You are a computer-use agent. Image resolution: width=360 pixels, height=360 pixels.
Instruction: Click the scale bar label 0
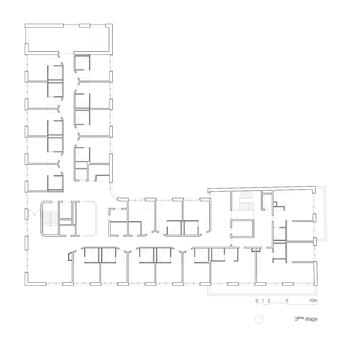click(x=257, y=300)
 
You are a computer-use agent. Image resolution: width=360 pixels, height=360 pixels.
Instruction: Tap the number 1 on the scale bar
click(x=263, y=300)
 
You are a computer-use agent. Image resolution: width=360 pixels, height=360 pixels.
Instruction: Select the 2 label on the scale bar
click(x=269, y=300)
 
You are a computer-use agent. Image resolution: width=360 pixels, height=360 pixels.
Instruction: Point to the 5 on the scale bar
click(x=287, y=300)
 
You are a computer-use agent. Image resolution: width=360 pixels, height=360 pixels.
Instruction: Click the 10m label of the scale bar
click(x=313, y=300)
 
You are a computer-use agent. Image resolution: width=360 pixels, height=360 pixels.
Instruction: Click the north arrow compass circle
click(x=259, y=319)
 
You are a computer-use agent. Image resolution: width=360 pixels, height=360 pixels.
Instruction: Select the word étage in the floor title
click(x=311, y=319)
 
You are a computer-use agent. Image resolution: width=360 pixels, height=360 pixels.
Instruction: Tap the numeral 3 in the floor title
click(x=296, y=319)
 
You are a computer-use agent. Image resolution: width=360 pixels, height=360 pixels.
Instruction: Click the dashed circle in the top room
click(x=97, y=39)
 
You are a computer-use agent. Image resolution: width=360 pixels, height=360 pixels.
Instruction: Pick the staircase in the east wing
click(x=246, y=200)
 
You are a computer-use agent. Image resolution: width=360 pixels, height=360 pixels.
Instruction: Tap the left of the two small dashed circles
click(x=138, y=210)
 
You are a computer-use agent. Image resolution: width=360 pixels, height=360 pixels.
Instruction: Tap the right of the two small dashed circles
click(x=149, y=210)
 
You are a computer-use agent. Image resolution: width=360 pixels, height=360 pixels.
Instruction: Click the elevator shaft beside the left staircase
click(x=66, y=210)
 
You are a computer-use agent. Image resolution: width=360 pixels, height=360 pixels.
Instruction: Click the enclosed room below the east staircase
click(x=242, y=228)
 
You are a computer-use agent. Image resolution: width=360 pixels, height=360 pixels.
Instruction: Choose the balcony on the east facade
click(x=322, y=214)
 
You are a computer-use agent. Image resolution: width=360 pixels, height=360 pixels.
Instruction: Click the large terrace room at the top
click(x=68, y=39)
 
